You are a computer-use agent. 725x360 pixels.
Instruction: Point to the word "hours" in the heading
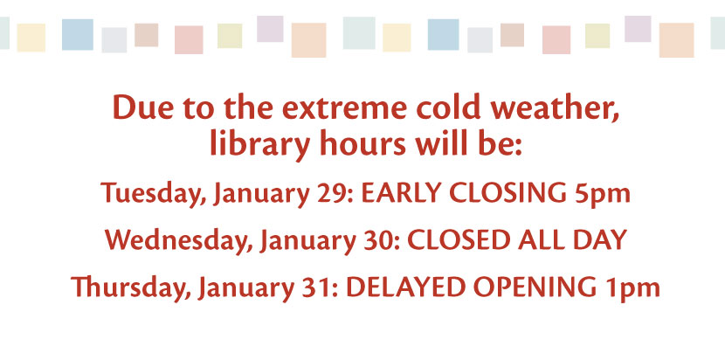point(362,143)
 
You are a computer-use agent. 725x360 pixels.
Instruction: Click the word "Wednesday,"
point(179,240)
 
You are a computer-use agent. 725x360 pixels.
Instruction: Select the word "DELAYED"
point(405,287)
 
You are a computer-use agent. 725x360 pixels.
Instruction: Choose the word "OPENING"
point(535,287)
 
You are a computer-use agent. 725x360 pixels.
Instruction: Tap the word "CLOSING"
point(508,193)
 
